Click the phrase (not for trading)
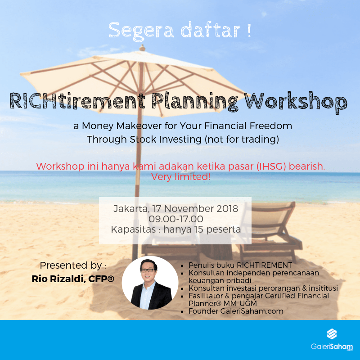pos(241,139)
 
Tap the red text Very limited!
pos(180,177)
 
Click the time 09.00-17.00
pos(179,219)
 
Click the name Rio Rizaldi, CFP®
pos(73,279)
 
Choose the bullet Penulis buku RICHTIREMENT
pos(240,265)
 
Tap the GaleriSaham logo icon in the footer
pos(332,335)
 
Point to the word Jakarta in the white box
pos(131,209)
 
